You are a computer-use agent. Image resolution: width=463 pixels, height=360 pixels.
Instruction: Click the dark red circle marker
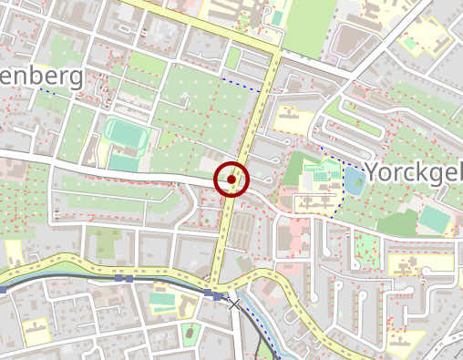click(231, 180)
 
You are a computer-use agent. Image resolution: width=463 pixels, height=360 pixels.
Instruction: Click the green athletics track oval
click(126, 133)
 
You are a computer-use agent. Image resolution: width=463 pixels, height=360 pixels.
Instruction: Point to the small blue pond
click(352, 180)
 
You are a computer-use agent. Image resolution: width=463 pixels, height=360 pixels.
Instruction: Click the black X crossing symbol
click(234, 304)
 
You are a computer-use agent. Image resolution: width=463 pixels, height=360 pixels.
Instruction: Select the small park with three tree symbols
click(190, 332)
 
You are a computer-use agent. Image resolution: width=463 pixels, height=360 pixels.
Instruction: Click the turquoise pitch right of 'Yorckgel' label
click(434, 218)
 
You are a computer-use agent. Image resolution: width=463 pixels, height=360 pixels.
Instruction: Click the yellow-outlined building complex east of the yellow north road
click(289, 119)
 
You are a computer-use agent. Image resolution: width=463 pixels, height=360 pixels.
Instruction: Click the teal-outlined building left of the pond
click(319, 173)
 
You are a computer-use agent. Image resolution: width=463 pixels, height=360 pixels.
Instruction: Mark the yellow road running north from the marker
click(261, 100)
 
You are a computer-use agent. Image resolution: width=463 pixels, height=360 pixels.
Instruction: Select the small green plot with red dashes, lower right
click(366, 247)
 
